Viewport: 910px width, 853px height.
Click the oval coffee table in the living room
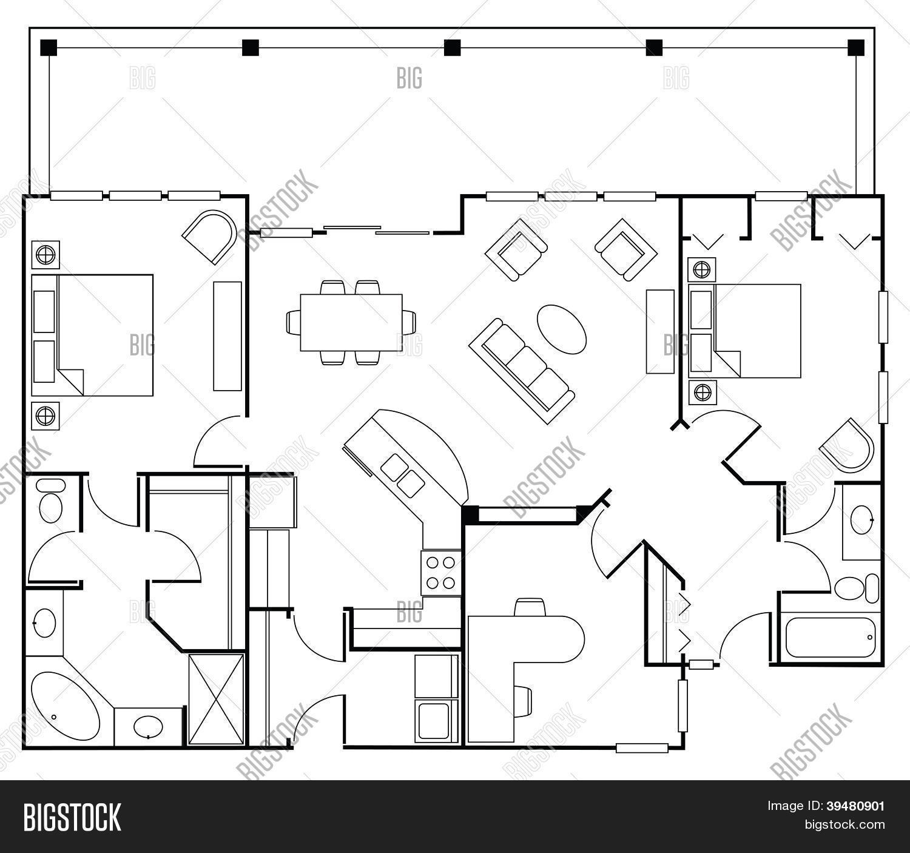[x=562, y=328]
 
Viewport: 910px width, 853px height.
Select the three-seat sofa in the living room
[x=521, y=370]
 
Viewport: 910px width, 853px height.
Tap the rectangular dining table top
[x=351, y=322]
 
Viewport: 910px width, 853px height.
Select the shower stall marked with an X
[x=216, y=699]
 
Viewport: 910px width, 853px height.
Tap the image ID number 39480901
[x=856, y=806]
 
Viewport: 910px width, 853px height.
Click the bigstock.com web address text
[x=844, y=824]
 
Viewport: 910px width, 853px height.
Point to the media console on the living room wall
[x=660, y=331]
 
